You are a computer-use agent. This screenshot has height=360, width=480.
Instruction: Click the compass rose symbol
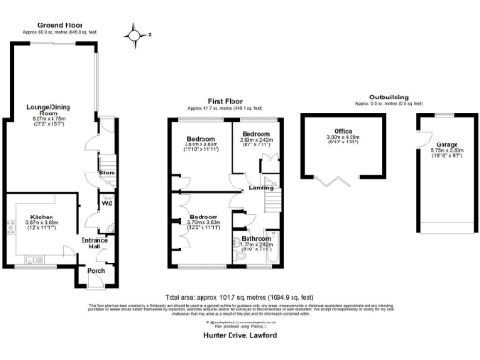pos(139,37)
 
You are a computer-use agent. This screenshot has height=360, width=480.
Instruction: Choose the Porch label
pos(96,273)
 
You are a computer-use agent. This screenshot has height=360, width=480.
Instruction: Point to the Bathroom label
pos(247,241)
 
